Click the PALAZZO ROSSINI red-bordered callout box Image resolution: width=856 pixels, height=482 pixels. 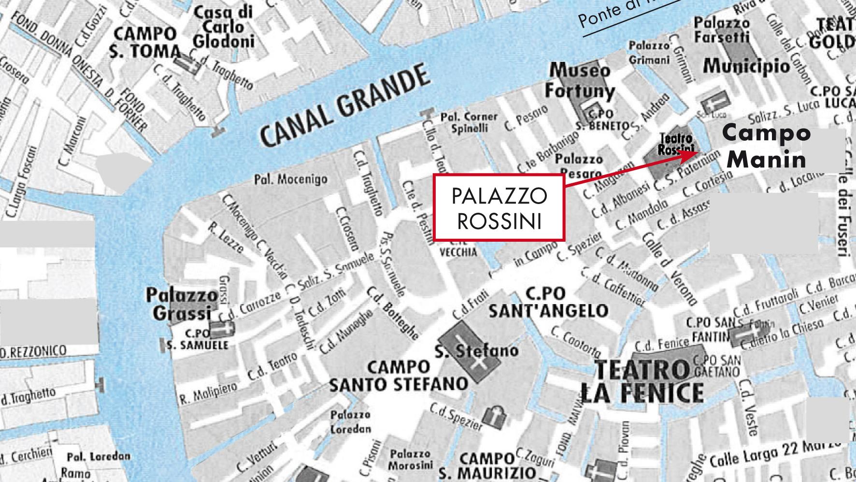point(499,208)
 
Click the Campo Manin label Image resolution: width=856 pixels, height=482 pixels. point(767,146)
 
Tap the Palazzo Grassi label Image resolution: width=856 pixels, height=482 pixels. point(182,304)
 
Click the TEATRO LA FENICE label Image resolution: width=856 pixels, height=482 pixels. point(642,382)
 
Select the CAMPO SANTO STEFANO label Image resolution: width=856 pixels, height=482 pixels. point(399,376)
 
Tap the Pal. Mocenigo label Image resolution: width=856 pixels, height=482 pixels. point(290,179)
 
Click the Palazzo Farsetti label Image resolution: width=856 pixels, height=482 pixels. point(722,30)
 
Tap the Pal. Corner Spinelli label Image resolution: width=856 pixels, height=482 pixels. point(468,122)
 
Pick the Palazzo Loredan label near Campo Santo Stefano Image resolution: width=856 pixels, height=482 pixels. point(351,422)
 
